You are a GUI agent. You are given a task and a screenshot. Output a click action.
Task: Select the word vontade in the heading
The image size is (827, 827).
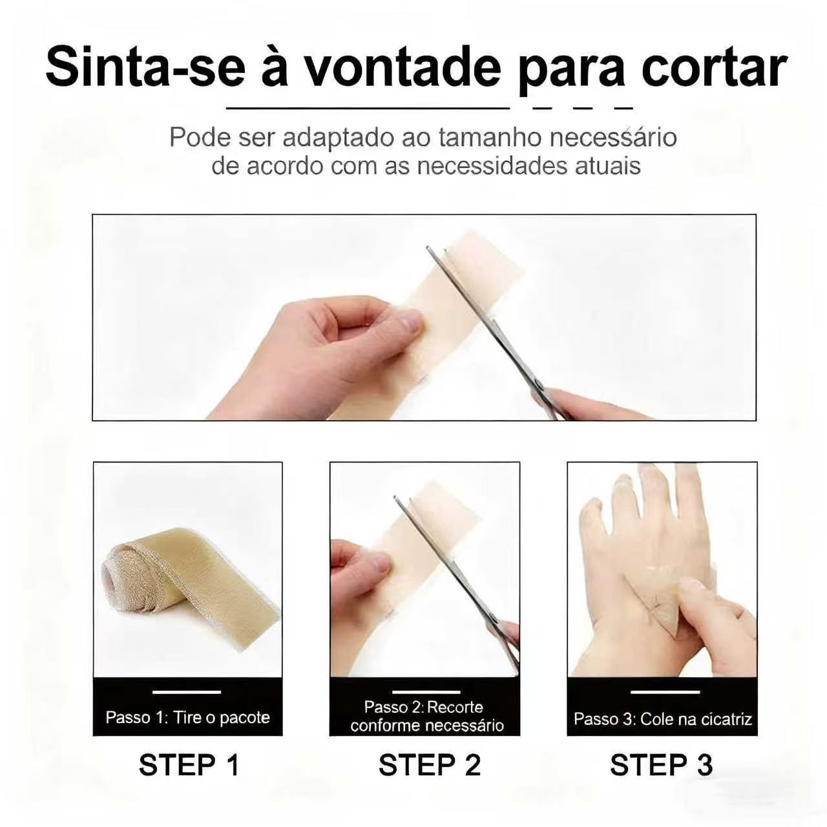tap(405, 68)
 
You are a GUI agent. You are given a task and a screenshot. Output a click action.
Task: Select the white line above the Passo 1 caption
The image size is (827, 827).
tap(187, 692)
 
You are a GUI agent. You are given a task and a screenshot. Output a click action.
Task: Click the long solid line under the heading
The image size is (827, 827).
tap(368, 109)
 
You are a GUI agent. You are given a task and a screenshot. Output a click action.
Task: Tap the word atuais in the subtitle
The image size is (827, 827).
tap(608, 167)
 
